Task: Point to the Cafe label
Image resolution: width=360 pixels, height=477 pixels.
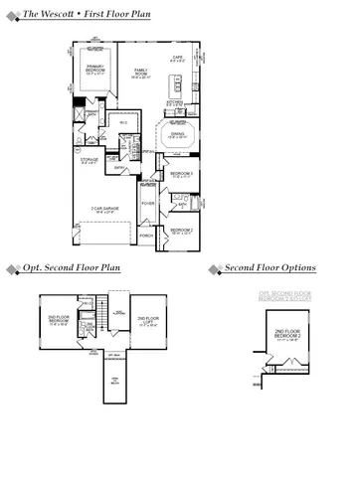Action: tap(178, 59)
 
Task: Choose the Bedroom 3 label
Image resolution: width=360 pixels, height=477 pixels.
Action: tap(180, 175)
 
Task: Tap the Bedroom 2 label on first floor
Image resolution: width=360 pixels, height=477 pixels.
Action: tap(180, 231)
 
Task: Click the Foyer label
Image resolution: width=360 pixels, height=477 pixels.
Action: tap(147, 204)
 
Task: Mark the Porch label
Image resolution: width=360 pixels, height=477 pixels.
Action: tap(147, 237)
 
